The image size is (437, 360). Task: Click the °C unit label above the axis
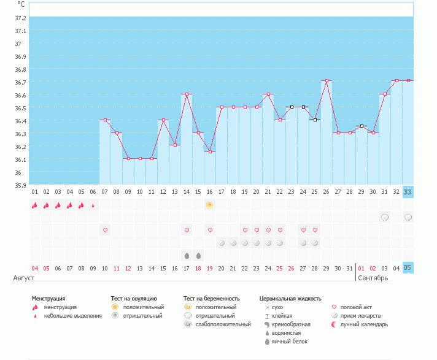click(21, 4)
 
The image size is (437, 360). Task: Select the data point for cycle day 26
click(327, 81)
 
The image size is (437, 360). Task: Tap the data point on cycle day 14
click(187, 94)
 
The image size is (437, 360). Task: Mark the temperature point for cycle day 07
click(105, 120)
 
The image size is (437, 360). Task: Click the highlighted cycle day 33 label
click(408, 192)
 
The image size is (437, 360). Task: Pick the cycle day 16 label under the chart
click(210, 192)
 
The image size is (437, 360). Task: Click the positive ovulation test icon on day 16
click(210, 205)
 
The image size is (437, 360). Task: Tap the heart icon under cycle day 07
click(105, 230)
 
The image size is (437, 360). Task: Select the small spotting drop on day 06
click(93, 205)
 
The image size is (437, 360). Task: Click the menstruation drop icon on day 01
click(35, 205)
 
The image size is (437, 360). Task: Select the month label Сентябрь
click(374, 278)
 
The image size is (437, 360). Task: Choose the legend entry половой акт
click(356, 307)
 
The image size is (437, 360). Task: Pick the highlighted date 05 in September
click(408, 268)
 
